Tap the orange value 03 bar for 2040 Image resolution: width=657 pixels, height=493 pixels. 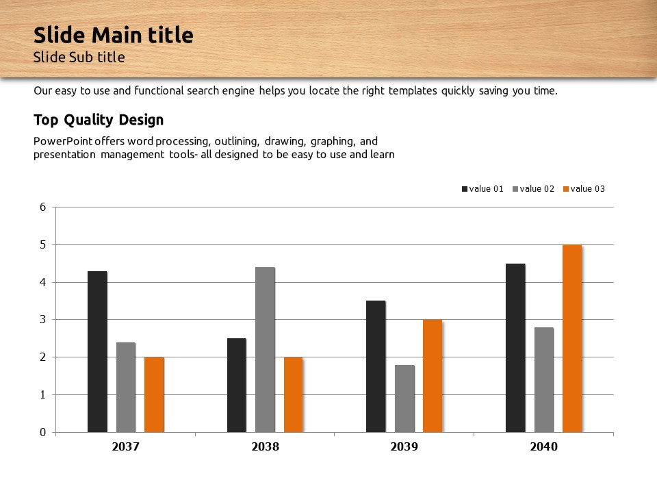coord(572,338)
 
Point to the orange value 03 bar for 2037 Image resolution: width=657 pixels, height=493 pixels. coord(154,394)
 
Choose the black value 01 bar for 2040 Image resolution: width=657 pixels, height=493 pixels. coord(515,348)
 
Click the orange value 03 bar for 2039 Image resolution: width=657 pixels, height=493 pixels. coord(433,376)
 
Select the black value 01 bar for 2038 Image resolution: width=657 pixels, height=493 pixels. coord(237,385)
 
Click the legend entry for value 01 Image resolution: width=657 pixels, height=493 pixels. coord(482,189)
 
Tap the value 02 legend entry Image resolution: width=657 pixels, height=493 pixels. coord(533,189)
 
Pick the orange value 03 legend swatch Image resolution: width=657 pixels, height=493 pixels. coord(566,189)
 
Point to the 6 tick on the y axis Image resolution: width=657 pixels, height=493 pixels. coord(42,207)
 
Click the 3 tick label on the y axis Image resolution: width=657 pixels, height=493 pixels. coord(42,320)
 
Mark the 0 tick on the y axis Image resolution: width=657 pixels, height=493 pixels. coord(42,432)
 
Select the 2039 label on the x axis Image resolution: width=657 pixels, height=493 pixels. coord(404,447)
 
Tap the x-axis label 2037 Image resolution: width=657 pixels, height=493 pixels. coord(125,447)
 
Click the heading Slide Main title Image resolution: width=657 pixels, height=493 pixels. coord(114,35)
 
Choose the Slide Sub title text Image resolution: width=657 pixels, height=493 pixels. coord(79,57)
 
